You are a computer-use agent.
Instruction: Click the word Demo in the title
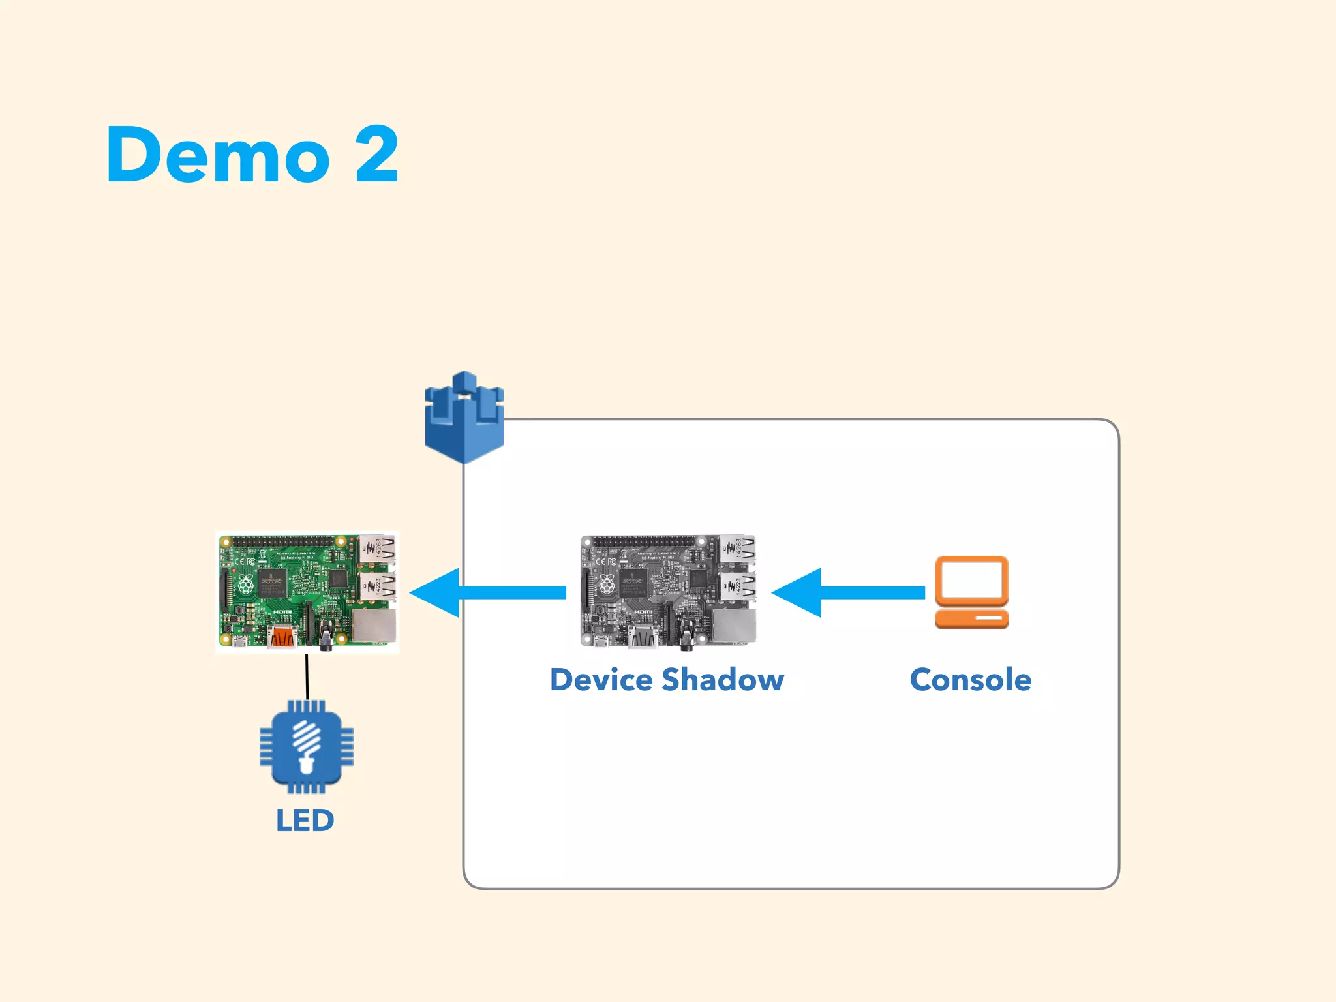tap(218, 155)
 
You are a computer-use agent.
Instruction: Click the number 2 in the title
tap(377, 155)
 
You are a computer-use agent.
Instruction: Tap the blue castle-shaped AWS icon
tap(464, 417)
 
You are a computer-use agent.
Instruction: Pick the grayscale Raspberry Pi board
tap(668, 591)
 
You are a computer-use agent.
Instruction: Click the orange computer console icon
tap(971, 592)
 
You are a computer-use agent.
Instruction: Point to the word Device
tap(601, 680)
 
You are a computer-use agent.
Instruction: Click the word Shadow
tap(722, 680)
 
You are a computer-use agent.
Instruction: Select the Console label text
tap(971, 680)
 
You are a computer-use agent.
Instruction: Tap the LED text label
tap(305, 821)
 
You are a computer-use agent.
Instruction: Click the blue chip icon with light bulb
tap(306, 746)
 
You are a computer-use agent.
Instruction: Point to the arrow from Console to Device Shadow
tap(848, 592)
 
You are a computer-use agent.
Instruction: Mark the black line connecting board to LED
tap(307, 677)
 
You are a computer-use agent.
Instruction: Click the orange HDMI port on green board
tap(282, 635)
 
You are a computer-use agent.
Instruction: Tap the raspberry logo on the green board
tap(245, 584)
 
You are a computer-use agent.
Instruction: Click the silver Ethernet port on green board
tap(374, 626)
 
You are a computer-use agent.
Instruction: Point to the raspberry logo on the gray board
tap(607, 584)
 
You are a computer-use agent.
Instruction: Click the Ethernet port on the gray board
tap(735, 626)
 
